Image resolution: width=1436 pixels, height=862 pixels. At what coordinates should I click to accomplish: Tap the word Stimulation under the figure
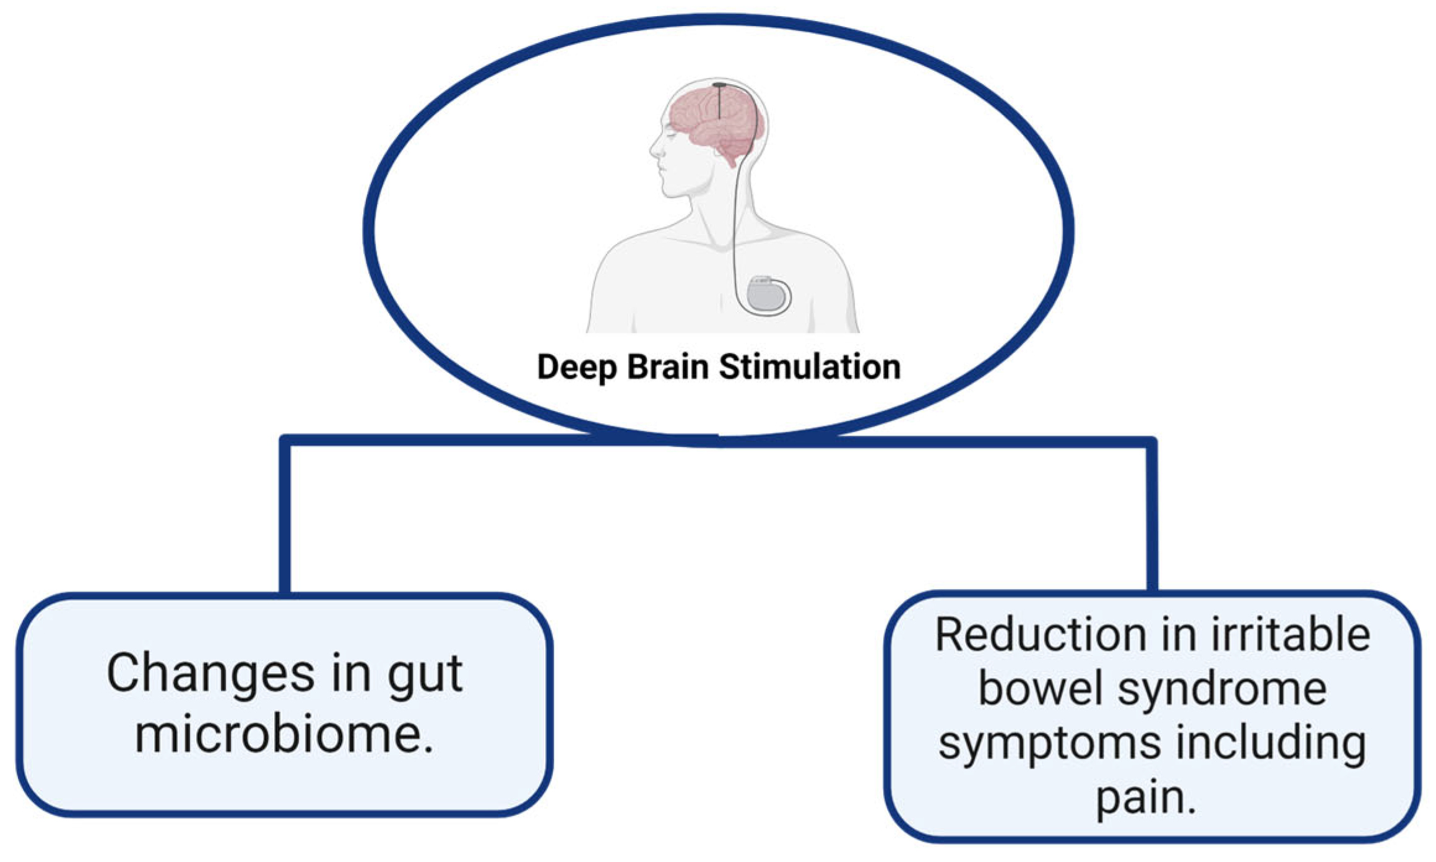coord(810,367)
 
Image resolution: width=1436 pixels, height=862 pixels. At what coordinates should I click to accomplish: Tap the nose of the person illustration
coord(652,149)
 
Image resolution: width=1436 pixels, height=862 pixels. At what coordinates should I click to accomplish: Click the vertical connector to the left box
coord(285,520)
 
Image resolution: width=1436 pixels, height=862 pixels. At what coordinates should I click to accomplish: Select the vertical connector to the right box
coord(1151,520)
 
